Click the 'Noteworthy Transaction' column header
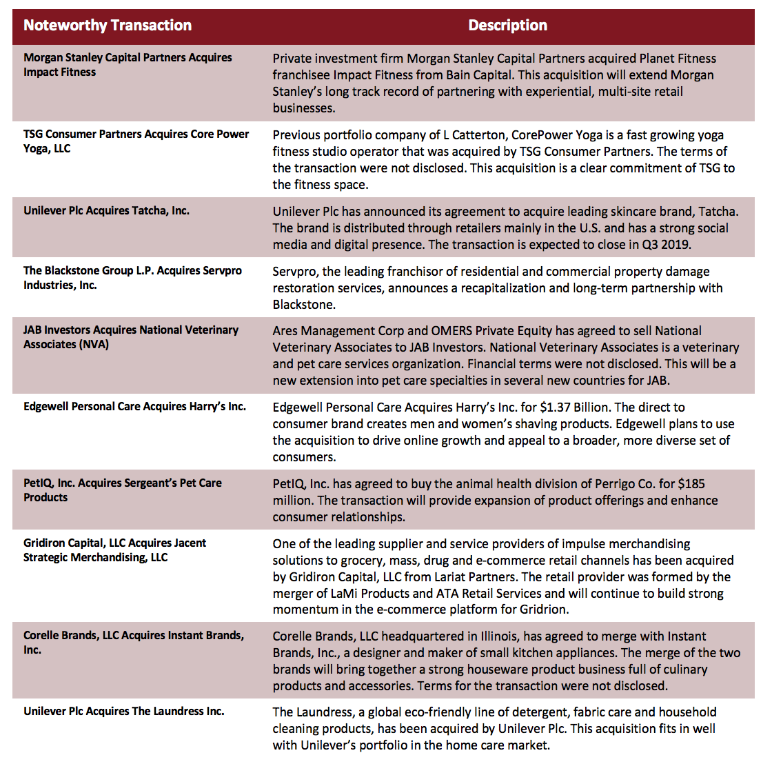108,26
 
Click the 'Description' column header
507,26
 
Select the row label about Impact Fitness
128,65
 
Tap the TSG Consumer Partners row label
136,141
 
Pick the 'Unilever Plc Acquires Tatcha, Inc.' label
106,211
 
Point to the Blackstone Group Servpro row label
132,278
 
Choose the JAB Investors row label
131,337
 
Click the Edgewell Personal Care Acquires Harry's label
134,407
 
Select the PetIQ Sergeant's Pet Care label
123,490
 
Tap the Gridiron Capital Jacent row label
114,550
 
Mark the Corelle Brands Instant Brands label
133,643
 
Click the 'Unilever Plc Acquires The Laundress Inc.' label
124,712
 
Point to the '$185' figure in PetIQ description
690,484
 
